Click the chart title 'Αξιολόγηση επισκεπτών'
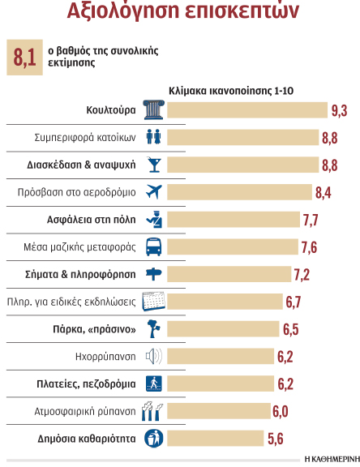(179, 15)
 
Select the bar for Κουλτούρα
(246, 109)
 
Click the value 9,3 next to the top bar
(339, 109)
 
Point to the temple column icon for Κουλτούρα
(153, 109)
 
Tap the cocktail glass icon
(153, 165)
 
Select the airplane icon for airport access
(153, 192)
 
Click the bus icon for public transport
(153, 246)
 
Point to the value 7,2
(301, 274)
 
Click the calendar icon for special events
(153, 302)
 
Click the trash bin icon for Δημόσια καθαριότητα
(153, 439)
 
